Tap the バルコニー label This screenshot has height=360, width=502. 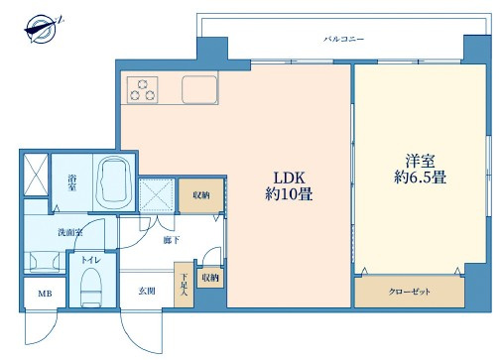click(343, 39)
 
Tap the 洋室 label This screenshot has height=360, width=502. click(416, 159)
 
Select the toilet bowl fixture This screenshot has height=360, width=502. click(91, 291)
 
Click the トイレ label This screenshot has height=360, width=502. click(90, 262)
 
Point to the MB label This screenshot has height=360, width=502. click(45, 295)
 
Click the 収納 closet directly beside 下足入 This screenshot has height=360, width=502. click(210, 278)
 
